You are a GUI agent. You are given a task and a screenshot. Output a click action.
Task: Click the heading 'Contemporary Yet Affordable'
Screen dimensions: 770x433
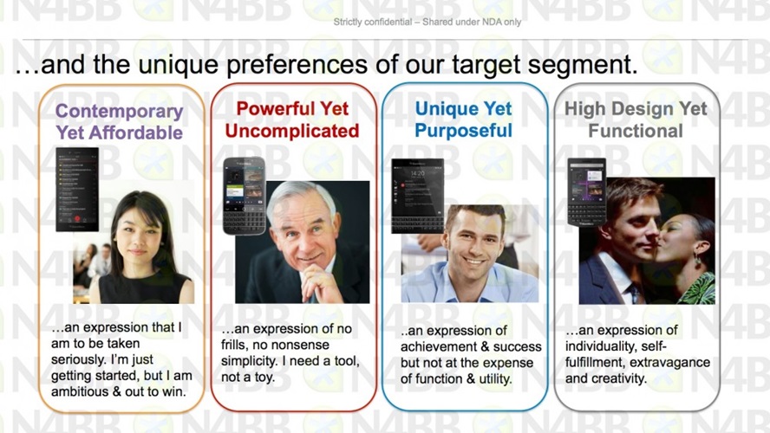tap(120, 121)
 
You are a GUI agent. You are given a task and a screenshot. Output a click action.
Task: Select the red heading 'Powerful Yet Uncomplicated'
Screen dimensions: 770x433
tap(292, 120)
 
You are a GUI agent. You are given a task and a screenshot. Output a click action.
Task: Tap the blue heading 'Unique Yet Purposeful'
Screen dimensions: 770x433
tap(464, 120)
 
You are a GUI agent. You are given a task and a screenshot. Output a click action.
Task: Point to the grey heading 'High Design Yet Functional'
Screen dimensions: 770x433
tap(636, 120)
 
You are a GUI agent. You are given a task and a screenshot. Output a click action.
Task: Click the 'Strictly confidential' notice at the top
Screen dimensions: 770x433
tap(427, 22)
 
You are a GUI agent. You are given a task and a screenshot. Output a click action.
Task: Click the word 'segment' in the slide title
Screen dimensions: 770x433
tap(583, 65)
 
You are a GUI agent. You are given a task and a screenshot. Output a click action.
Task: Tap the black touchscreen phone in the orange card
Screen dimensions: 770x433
tap(77, 190)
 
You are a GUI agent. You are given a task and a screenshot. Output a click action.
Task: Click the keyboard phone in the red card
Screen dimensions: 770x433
tap(245, 196)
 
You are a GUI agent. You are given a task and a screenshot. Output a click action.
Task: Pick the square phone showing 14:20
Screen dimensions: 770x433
tap(418, 196)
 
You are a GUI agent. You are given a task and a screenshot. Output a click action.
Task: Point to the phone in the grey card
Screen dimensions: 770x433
tap(587, 191)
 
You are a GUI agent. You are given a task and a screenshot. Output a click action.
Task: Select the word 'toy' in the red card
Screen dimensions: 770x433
tap(264, 378)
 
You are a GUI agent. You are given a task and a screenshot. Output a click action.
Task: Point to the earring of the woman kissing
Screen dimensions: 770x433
tap(697, 260)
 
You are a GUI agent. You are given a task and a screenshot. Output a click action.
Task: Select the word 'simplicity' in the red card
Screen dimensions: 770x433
tap(249, 361)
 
